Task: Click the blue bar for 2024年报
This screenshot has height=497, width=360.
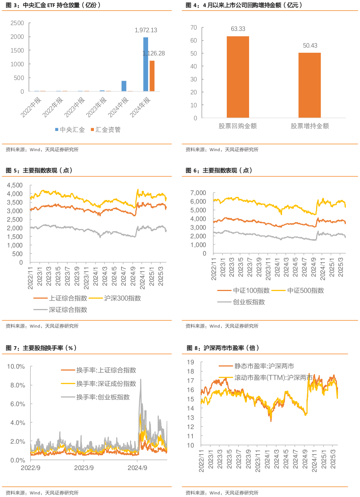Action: point(146,64)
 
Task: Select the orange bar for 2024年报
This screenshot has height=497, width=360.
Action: point(152,76)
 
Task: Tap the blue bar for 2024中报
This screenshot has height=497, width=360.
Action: point(124,86)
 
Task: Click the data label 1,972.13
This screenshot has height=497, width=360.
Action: point(146,30)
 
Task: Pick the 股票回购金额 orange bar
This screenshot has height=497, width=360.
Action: point(238,77)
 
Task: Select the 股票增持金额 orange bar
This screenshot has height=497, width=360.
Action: point(309,85)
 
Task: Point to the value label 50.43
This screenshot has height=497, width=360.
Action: point(310,46)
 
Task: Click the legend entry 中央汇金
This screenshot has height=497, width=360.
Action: point(70,130)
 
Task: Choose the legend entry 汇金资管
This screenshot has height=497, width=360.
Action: point(106,130)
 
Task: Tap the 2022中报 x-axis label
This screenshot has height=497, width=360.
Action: point(31,107)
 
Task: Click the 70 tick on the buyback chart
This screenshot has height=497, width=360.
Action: point(193,28)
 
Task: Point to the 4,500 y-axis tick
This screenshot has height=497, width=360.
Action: point(15,185)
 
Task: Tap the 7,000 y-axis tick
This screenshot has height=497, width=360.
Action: point(198,193)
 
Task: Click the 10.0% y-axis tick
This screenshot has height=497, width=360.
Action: point(16,367)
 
